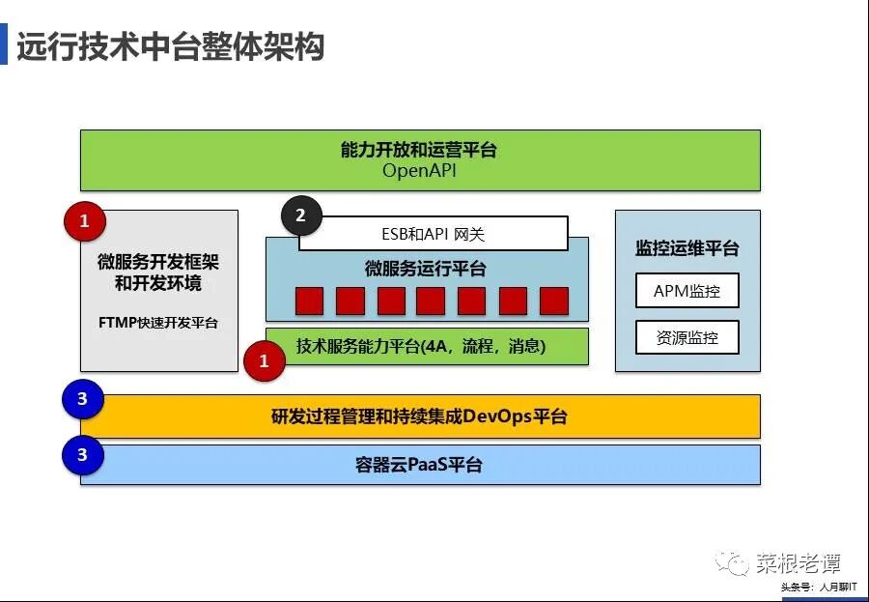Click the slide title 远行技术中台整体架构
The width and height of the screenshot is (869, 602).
170,46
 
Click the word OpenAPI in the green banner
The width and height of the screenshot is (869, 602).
418,171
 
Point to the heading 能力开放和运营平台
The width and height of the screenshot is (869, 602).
418,150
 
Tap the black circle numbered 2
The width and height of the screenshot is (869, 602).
300,215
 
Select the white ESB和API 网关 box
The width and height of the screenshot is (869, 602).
433,233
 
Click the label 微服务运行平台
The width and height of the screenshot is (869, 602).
426,268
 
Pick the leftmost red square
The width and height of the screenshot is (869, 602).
310,301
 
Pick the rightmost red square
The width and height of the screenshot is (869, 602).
554,301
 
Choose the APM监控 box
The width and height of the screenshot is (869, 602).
687,290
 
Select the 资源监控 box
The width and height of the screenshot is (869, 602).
687,337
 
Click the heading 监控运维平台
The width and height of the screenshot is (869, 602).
687,248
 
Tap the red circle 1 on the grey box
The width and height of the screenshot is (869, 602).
84,221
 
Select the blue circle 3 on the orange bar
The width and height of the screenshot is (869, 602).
82,399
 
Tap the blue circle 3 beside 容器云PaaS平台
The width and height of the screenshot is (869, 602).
82,453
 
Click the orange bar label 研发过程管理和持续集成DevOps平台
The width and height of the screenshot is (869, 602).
419,416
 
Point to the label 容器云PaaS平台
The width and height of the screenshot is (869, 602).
419,465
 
